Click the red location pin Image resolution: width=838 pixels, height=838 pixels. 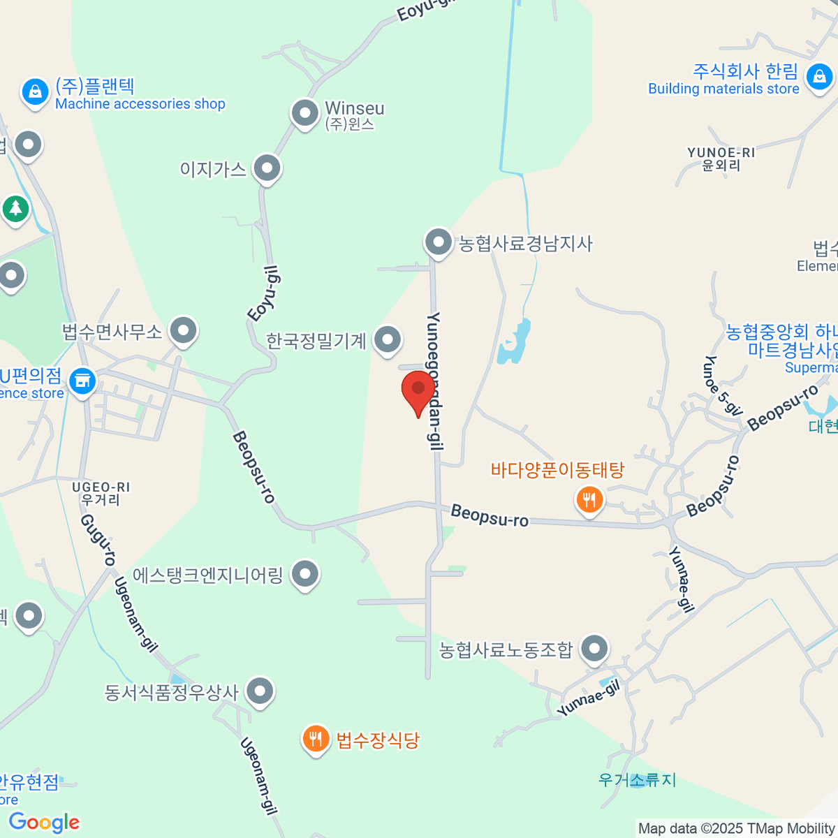[418, 390]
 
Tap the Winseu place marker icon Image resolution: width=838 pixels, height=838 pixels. [304, 112]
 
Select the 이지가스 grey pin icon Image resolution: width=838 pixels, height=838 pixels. [267, 168]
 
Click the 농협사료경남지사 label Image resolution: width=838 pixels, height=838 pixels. [525, 244]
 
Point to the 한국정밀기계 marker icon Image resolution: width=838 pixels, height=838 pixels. [388, 340]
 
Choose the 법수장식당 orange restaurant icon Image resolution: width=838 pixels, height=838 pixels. [316, 739]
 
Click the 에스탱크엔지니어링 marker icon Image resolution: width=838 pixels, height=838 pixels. [304, 575]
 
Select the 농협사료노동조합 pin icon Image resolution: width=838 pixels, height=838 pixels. [594, 649]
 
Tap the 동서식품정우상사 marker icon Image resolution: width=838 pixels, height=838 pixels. [260, 691]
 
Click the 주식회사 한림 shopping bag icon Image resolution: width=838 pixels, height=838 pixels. [818, 76]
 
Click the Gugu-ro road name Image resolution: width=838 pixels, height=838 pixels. [98, 539]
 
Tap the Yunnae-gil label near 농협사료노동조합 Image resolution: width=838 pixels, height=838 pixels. [589, 699]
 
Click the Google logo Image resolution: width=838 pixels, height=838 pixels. [44, 823]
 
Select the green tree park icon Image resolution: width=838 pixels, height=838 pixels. [15, 207]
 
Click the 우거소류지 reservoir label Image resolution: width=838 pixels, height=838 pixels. [637, 779]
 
